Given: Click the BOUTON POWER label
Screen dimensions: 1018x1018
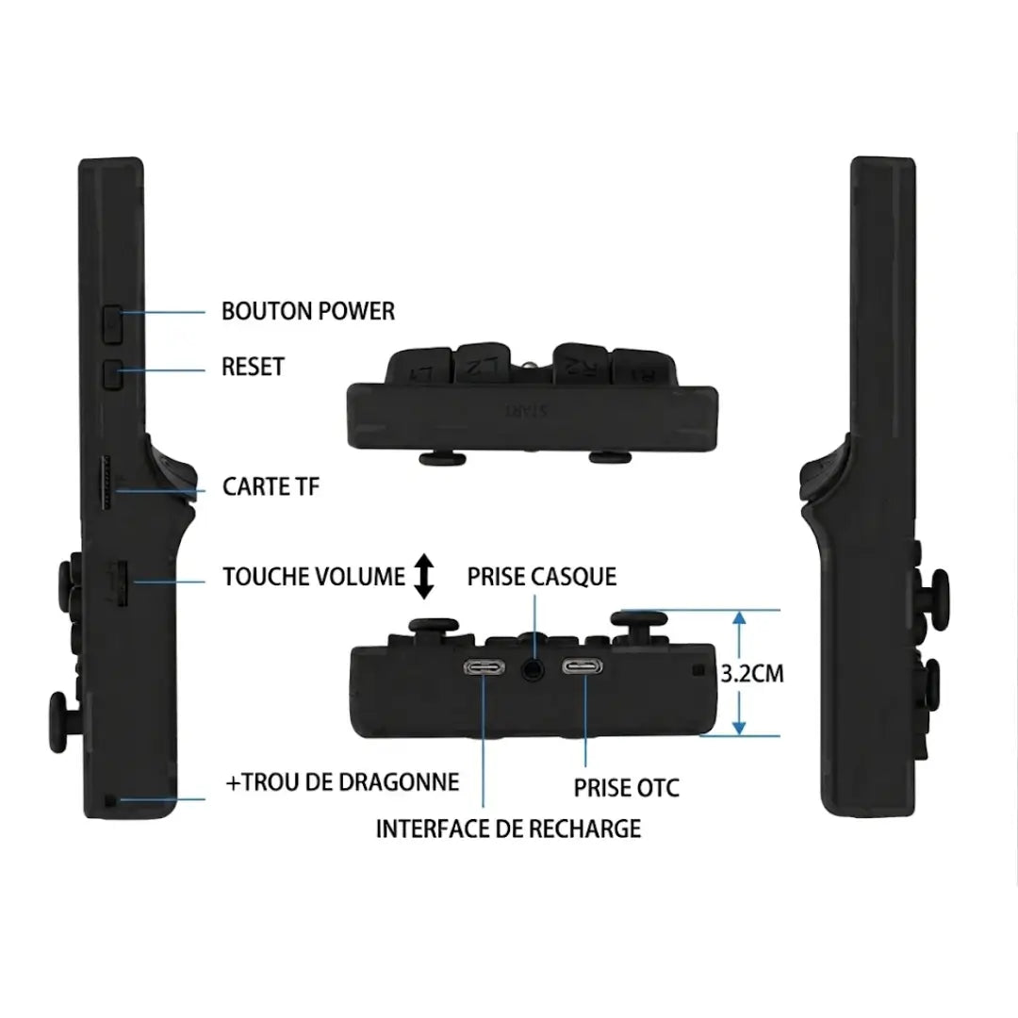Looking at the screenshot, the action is [307, 311].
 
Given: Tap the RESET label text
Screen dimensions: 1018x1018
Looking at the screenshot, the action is [253, 367].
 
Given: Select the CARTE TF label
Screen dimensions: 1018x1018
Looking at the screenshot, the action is [271, 487].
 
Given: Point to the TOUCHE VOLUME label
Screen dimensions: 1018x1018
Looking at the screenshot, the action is [314, 577].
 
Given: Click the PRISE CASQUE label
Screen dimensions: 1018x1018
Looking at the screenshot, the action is [541, 577].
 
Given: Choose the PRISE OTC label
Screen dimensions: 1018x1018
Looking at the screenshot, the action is [627, 788].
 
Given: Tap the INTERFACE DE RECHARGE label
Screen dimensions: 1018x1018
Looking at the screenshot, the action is [508, 829].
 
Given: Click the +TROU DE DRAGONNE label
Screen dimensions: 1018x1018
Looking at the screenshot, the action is [342, 782].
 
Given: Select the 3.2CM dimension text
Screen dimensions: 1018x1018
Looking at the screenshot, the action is [752, 673].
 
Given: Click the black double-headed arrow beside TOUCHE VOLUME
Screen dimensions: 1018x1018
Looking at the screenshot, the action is [424, 576].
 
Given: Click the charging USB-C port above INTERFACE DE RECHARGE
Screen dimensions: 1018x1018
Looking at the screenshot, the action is [484, 668].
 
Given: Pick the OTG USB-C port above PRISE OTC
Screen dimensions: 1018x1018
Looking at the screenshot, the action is [583, 666].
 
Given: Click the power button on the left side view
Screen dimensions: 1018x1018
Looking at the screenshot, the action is [112, 323].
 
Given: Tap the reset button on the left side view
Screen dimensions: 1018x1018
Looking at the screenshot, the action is [113, 374].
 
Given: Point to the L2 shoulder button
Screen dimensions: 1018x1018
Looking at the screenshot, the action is [481, 364].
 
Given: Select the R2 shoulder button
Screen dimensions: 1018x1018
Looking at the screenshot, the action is [580, 364].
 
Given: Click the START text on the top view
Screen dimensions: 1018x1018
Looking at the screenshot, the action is [527, 411].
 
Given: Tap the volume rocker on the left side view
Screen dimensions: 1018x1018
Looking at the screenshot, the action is [121, 583].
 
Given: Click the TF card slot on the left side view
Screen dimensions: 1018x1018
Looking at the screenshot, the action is [107, 484].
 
